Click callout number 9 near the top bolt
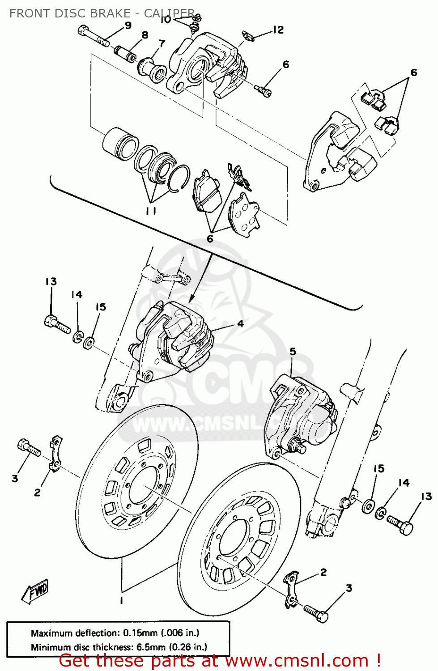[128, 25]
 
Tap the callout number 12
[278, 30]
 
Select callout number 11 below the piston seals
[151, 211]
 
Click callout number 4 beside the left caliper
[241, 323]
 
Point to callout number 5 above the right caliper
[293, 352]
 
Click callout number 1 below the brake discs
[121, 600]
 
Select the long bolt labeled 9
[94, 36]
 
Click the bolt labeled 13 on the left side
[57, 324]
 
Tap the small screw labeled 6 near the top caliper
[263, 91]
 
